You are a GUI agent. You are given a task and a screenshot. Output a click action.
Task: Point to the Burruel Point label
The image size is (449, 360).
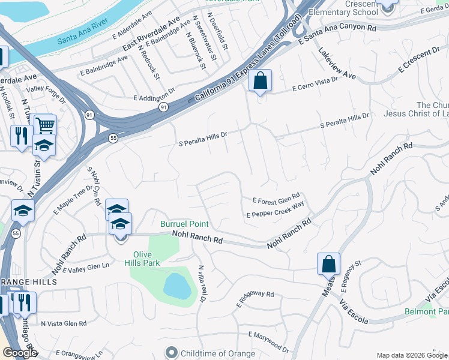[184, 224]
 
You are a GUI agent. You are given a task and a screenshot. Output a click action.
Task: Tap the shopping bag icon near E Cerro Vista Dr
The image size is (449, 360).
[260, 80]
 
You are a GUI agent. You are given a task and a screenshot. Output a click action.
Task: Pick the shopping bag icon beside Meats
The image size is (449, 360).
[329, 263]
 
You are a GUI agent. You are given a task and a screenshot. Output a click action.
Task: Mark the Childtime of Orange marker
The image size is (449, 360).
[172, 353]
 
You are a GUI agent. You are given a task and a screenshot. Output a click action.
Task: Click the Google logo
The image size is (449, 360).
[19, 353]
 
